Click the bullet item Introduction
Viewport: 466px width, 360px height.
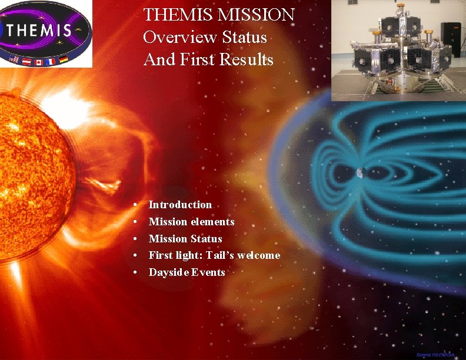point(180,205)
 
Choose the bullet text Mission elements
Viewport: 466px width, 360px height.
point(191,222)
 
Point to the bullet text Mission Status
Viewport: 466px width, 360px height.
point(185,239)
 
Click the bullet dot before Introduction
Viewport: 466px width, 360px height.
point(136,205)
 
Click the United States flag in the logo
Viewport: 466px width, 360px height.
point(14,58)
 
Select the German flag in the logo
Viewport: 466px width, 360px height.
point(63,58)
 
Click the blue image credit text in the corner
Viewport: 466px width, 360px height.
point(435,355)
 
